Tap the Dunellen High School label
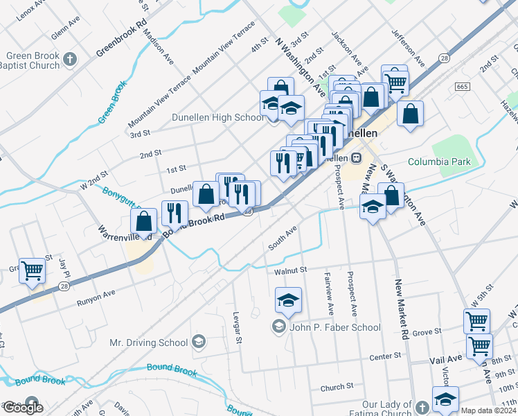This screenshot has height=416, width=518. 218,117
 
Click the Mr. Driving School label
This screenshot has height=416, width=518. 149,343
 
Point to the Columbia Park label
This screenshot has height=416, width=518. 438,162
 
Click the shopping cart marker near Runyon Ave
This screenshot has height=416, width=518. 33,271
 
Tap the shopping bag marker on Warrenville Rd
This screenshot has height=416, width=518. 143,222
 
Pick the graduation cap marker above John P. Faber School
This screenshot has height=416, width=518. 288,300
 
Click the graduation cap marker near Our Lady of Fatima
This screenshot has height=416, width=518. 445,399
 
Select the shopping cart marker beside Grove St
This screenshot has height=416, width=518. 477,322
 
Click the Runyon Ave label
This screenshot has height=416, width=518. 96,295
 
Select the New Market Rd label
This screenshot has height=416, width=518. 403,305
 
